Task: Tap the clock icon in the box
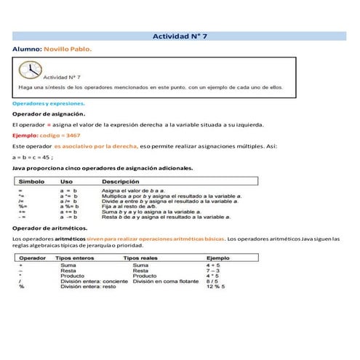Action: pos(31,71)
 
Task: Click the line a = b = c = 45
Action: pos(33,156)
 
